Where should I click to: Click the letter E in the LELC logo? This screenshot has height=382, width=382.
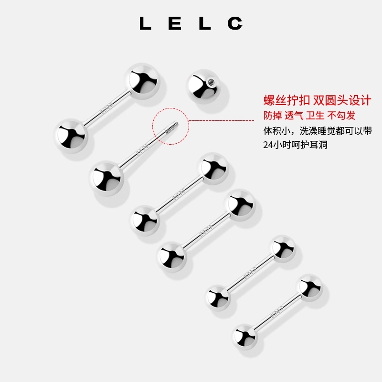tap(174, 23)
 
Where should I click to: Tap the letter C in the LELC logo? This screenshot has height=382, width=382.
tap(234, 23)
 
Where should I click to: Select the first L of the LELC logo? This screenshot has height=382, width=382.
tap(145, 23)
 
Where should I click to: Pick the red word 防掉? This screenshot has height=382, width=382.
tap(273, 116)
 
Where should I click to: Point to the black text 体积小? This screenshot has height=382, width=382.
tap(278, 131)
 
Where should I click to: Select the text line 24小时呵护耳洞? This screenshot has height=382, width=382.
tap(295, 145)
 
